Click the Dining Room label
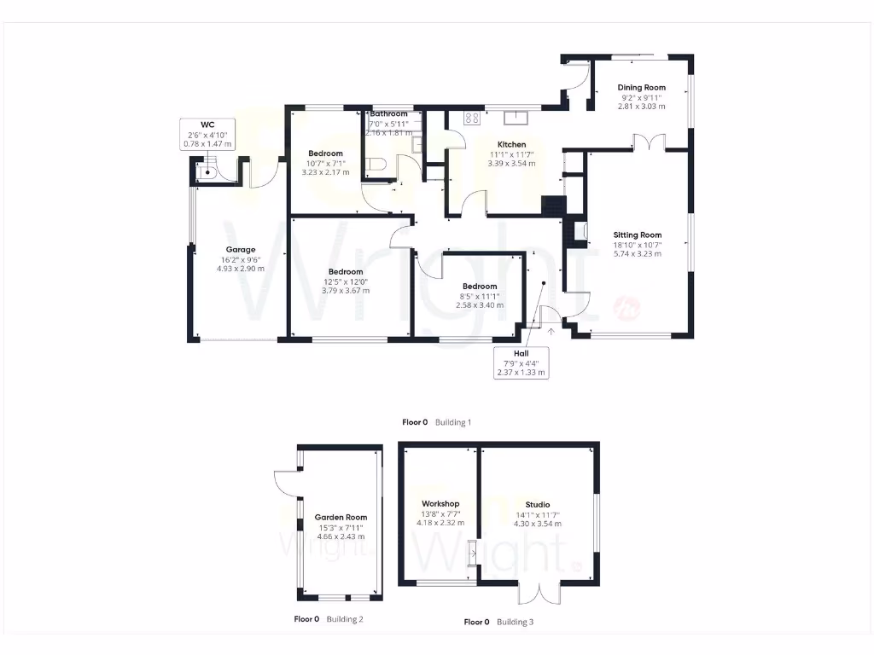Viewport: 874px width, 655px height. pos(641,88)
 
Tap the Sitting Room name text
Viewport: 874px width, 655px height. pos(637,235)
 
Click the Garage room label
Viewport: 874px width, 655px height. pos(240,250)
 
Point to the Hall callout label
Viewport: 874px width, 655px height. pos(521,353)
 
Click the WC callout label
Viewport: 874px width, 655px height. pos(207,125)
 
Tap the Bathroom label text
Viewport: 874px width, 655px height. pos(388,114)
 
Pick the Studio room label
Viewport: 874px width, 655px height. pos(537,504)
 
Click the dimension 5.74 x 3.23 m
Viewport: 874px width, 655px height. pos(637,253)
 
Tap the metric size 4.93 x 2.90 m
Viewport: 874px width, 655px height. pos(240,269)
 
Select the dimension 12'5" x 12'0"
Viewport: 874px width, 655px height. pos(343,281)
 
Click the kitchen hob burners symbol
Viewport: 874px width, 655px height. pos(470,119)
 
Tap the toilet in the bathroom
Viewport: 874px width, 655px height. pos(378,164)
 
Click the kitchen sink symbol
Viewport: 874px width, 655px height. pos(517,119)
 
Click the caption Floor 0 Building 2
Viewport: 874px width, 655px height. pos(329,619)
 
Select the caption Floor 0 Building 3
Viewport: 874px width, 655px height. pos(498,623)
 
